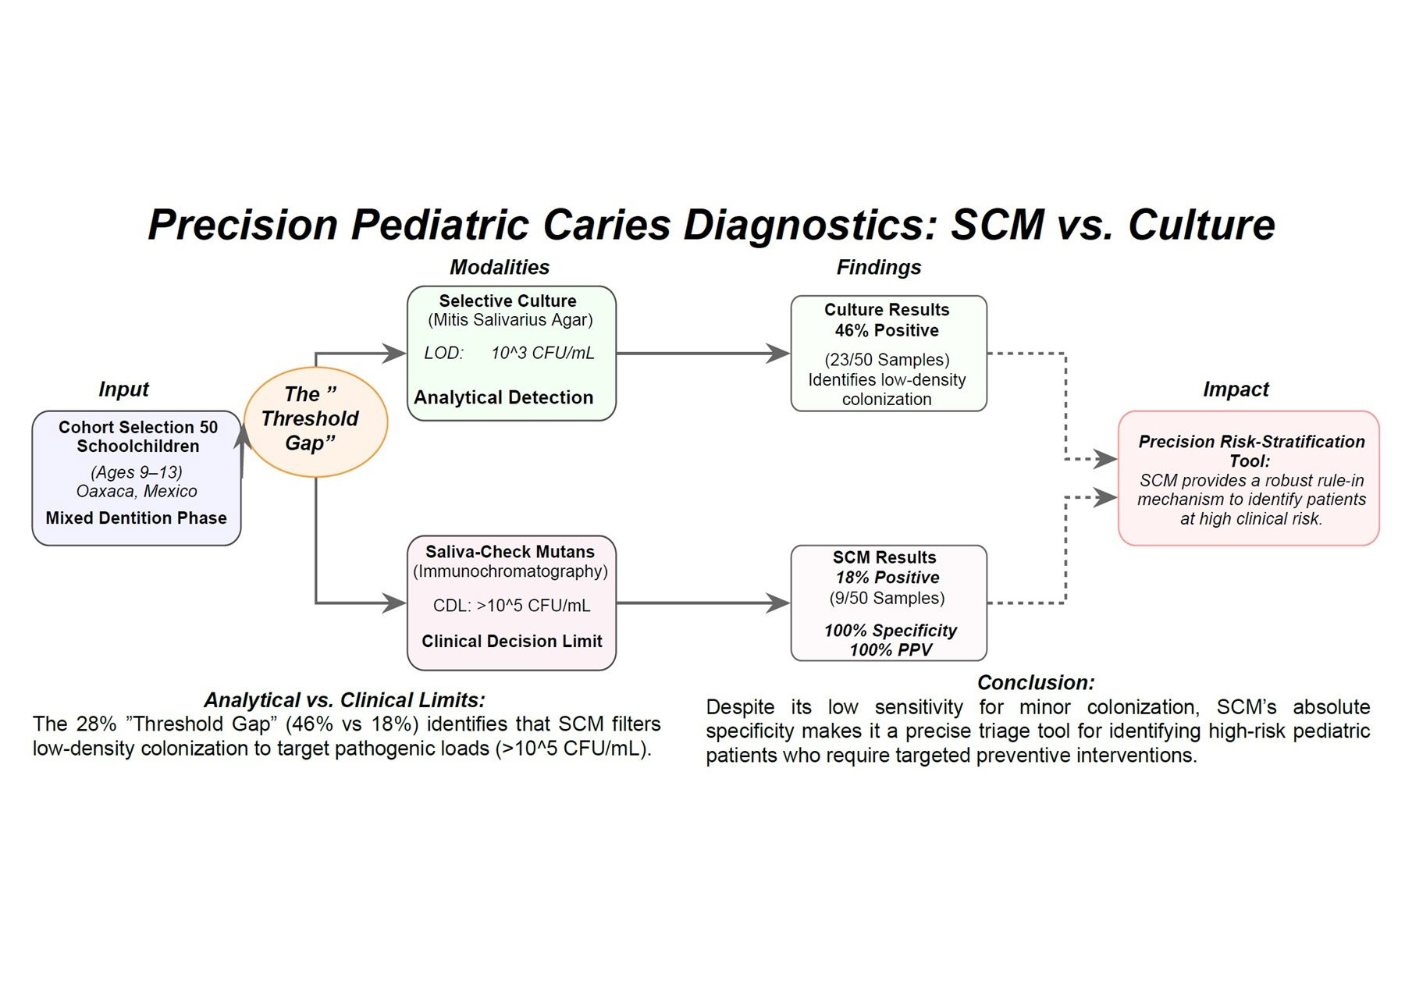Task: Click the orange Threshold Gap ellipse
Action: coord(315,422)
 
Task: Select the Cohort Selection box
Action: coord(137,478)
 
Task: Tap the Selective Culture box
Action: coord(511,353)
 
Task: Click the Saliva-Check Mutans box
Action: coord(511,602)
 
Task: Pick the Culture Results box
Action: coord(888,353)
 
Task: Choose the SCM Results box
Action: coord(888,602)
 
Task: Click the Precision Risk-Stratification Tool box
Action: coord(1248,478)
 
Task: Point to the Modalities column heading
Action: coord(500,267)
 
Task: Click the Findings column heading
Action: coord(878,267)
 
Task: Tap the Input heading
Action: coord(123,389)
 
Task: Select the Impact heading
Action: coord(1236,389)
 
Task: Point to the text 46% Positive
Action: coord(887,330)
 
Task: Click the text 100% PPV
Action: coord(891,649)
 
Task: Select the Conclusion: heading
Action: coord(1036,682)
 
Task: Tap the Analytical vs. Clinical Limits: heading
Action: coord(344,699)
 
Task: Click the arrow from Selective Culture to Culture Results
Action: coord(702,353)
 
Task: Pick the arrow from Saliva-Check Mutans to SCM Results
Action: coord(702,603)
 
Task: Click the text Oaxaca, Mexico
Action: coord(137,491)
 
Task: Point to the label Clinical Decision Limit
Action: coord(511,641)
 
